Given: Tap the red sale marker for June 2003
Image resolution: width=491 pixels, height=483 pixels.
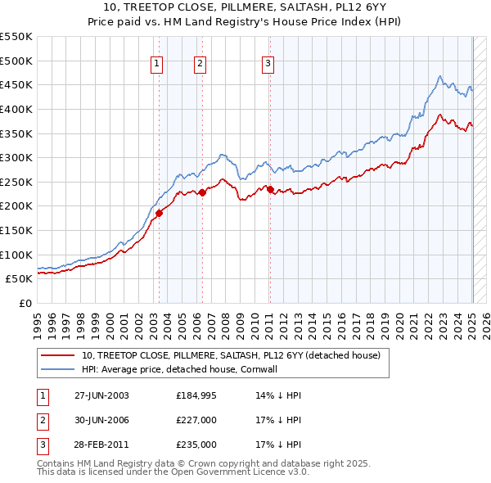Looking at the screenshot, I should coord(159,213).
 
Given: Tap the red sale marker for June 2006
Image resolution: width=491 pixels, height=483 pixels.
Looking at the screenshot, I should coord(202,193).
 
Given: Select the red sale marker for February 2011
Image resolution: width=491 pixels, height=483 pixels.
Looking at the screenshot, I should coord(270,189).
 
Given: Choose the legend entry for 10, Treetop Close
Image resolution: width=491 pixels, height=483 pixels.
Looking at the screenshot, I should coord(231,356).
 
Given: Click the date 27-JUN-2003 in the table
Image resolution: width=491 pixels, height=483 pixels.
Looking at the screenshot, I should coord(101,395).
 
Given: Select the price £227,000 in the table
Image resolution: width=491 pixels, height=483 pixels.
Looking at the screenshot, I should coord(196,421).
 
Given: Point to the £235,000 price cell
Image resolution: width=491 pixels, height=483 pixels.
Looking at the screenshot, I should coord(196,446).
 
